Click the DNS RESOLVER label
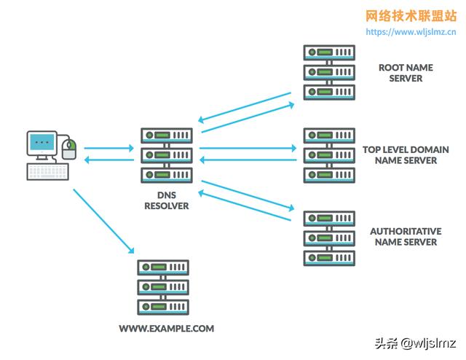click(166, 201)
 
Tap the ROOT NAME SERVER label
click(406, 73)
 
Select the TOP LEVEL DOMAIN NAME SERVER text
click(406, 154)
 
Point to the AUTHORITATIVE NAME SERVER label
click(406, 236)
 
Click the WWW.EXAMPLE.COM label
click(167, 329)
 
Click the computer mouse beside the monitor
click(69, 149)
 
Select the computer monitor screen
click(43, 143)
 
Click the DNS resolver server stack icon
click(166, 155)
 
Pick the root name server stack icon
click(329, 73)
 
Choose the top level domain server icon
click(329, 154)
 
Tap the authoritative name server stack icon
click(329, 238)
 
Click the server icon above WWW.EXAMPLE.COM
click(163, 286)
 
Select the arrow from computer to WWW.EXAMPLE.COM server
click(104, 221)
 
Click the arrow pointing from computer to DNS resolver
click(109, 148)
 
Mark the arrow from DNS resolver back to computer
click(109, 160)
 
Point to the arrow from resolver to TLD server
click(248, 148)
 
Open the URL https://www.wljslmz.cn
click(411, 32)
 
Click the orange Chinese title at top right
click(411, 16)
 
